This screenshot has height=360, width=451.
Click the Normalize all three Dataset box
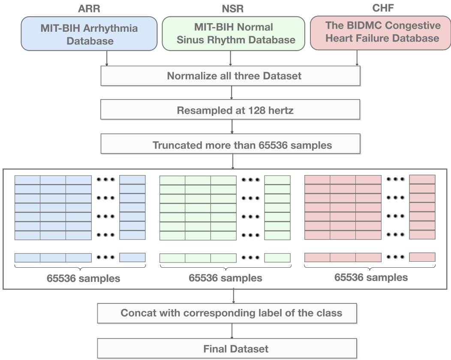tap(230, 76)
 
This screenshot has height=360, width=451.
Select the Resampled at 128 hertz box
tap(230, 110)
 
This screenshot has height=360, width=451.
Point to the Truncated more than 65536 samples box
tap(230, 145)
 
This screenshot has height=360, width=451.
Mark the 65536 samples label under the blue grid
tap(83, 278)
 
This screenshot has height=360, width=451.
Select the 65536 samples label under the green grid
tap(225, 278)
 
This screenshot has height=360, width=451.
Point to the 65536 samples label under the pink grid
tap(371, 277)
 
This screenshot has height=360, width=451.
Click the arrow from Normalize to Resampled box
tap(232, 93)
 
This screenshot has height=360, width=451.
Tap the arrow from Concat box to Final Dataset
tap(232, 330)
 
